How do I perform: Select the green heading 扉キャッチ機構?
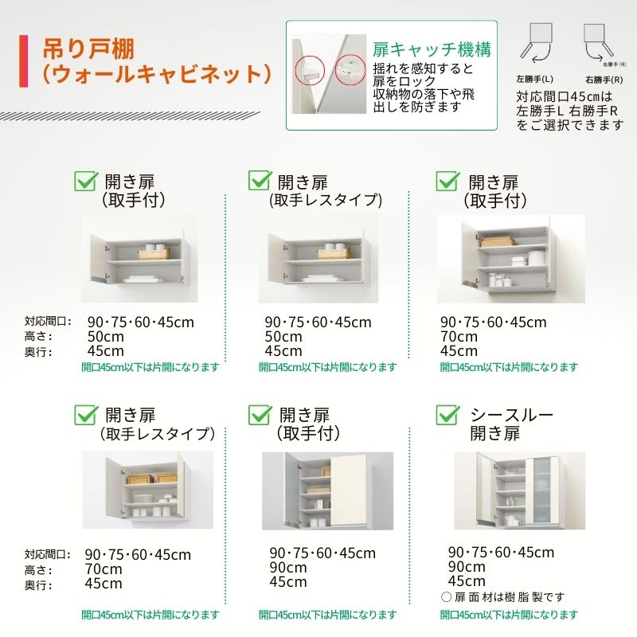click(x=431, y=49)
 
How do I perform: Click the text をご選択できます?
click(x=569, y=125)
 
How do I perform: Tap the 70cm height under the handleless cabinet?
click(x=103, y=569)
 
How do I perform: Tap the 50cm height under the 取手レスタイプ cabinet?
click(x=283, y=337)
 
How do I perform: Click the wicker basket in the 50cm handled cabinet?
click(x=154, y=254)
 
